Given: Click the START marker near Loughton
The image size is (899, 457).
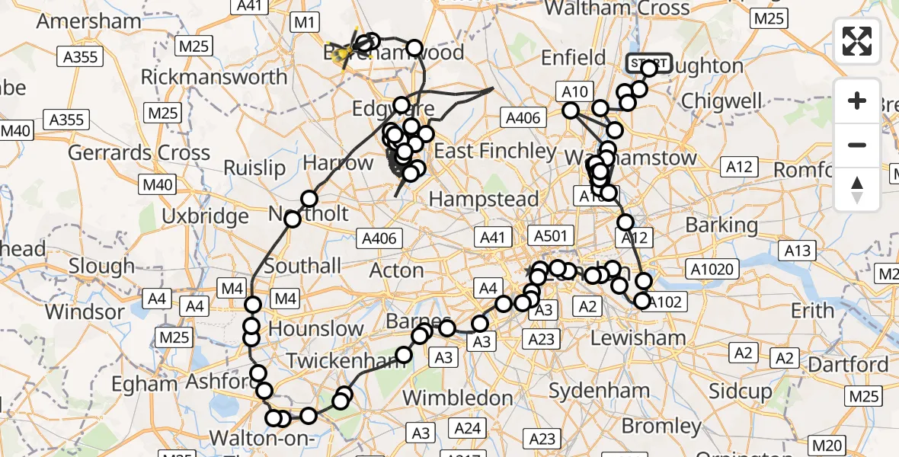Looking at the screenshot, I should (648, 62).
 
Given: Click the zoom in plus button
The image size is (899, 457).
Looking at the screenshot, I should (857, 101).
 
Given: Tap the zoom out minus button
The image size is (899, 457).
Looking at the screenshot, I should (857, 145).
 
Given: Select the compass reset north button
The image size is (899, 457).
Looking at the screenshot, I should (857, 189).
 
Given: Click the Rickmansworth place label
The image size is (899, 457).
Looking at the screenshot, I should (214, 77).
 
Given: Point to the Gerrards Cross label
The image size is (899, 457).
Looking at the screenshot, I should (139, 152).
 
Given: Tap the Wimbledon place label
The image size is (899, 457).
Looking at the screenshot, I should (457, 398).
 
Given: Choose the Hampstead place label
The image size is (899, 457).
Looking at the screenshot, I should (484, 200).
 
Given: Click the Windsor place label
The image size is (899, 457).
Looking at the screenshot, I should (84, 312).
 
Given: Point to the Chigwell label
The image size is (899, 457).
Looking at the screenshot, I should (721, 101).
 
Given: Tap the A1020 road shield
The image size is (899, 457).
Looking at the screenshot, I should (711, 268).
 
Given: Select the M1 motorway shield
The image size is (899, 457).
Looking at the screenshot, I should (304, 23).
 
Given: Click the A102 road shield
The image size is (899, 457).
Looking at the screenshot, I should (665, 302).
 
